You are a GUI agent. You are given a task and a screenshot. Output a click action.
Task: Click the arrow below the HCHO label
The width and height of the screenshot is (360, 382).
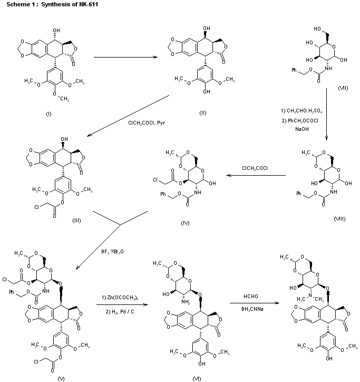point(251,303)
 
